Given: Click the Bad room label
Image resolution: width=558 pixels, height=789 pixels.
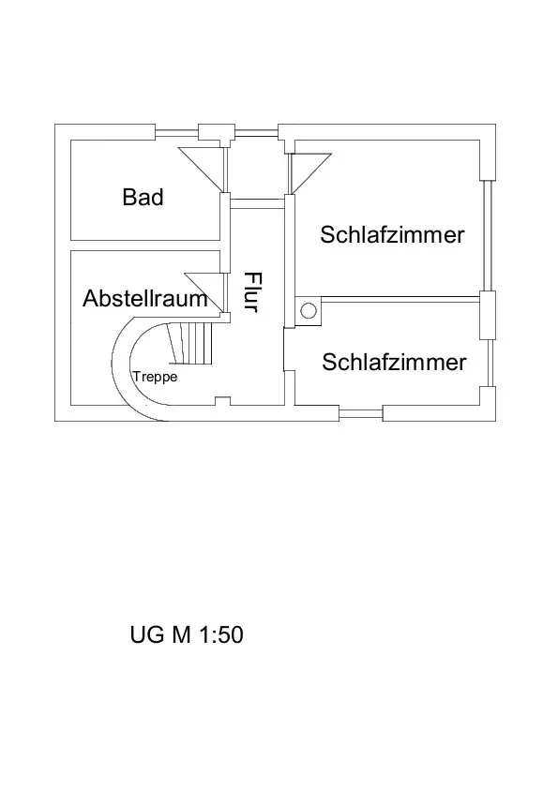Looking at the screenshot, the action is (x=143, y=197).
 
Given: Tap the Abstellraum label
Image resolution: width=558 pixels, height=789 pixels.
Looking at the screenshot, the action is (x=145, y=298).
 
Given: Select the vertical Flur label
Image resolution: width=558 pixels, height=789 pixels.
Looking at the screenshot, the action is (x=253, y=291).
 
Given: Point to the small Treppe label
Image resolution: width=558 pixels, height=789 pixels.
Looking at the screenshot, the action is (x=155, y=377).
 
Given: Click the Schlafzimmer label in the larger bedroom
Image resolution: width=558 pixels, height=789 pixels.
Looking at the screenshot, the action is (x=392, y=235).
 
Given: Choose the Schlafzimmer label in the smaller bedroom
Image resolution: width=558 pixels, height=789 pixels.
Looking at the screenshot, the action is (x=394, y=363).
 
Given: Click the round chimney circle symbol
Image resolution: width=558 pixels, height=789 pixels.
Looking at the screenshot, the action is (x=309, y=310).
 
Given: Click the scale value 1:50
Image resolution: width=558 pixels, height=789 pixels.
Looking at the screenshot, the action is (x=221, y=634).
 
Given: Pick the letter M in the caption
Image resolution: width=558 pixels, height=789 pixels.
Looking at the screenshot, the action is (x=181, y=634).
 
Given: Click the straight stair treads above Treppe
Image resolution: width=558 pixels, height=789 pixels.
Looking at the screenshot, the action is (x=191, y=343).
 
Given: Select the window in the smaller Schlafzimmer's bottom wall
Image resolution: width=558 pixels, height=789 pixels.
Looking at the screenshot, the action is (x=360, y=414).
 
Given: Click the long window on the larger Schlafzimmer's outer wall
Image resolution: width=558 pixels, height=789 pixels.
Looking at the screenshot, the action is (x=488, y=235).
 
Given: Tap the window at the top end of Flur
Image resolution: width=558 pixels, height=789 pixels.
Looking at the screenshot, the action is (x=256, y=133).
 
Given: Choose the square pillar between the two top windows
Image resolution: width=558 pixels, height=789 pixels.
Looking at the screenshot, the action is (x=217, y=132).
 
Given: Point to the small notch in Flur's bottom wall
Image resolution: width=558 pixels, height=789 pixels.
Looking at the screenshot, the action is (x=222, y=401).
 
